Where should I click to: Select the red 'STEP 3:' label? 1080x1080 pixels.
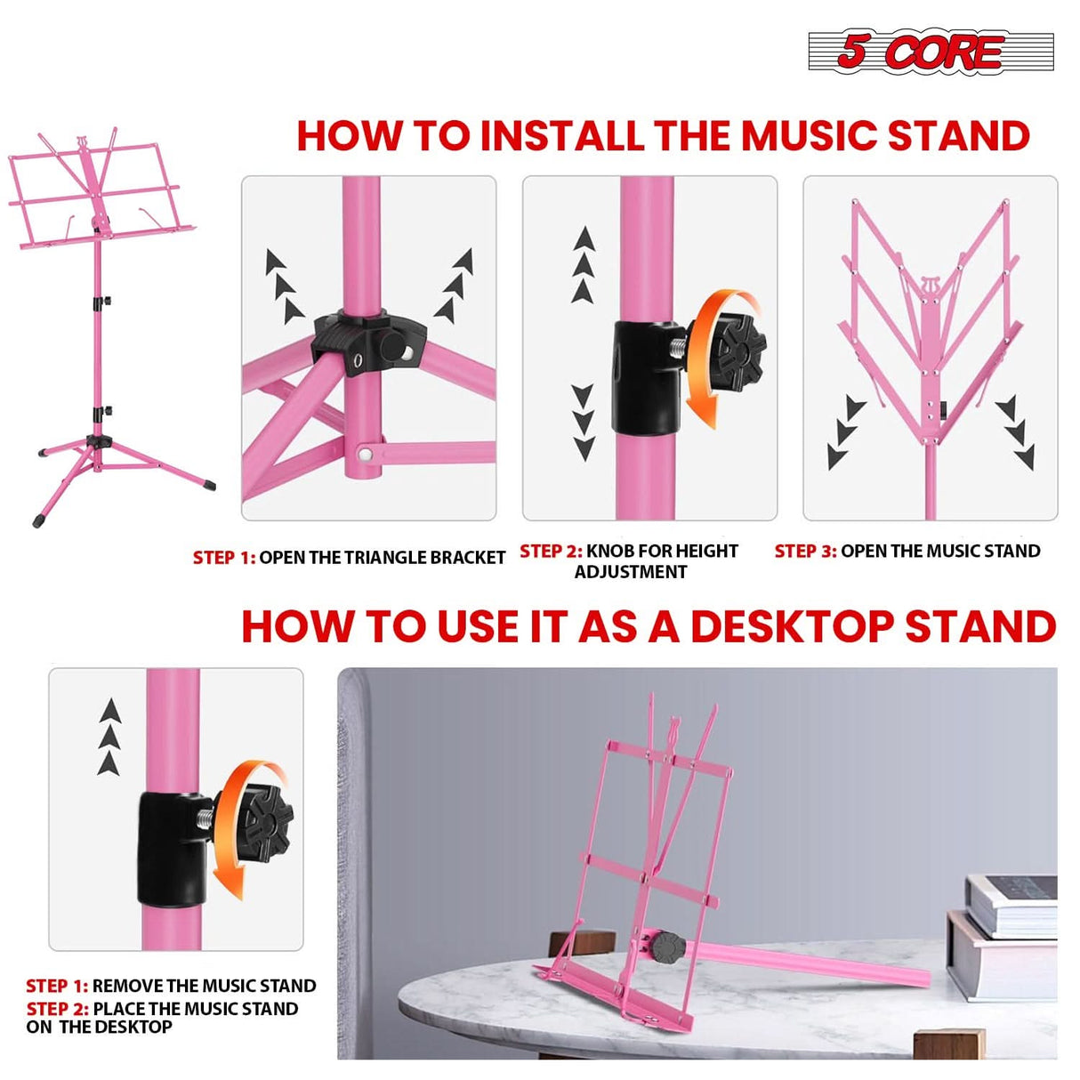pyautogui.click(x=805, y=551)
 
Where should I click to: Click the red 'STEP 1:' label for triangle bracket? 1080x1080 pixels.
pyautogui.click(x=223, y=558)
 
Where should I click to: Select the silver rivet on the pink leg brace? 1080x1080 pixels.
pyautogui.click(x=365, y=455)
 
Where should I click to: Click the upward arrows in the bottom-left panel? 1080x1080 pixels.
pyautogui.click(x=109, y=737)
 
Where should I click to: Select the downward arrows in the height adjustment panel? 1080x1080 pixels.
pyautogui.click(x=583, y=422)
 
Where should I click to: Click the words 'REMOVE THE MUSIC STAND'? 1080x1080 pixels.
pyautogui.click(x=204, y=986)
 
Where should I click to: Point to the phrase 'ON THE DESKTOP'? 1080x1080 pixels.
pyautogui.click(x=99, y=1028)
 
